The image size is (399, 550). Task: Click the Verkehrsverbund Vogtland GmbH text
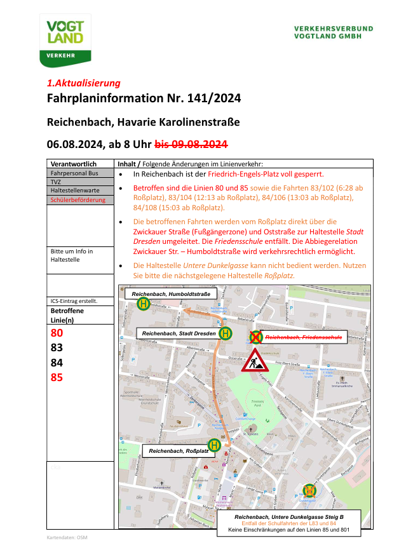pos(333,32)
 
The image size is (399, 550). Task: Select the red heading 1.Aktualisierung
pos(83,83)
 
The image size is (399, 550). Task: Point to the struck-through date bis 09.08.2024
pos(191,144)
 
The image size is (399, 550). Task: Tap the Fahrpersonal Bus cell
pos(74,173)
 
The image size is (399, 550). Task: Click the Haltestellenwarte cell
pos(74,191)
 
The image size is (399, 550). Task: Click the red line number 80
pos(57,333)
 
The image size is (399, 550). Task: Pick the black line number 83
pos(57,348)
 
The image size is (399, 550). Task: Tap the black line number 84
pos(57,363)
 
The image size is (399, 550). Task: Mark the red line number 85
pos(57,378)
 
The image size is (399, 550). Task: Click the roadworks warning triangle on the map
pos(257,360)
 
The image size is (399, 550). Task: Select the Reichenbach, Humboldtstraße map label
pos(170,294)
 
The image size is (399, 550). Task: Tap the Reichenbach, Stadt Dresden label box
pos(178,333)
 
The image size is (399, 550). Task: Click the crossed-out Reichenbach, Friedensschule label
pos(304,337)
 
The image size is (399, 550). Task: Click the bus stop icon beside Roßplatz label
pos(215,446)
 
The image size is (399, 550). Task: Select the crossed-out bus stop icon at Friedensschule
pos(255,335)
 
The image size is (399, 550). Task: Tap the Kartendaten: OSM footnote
pos(67,537)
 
